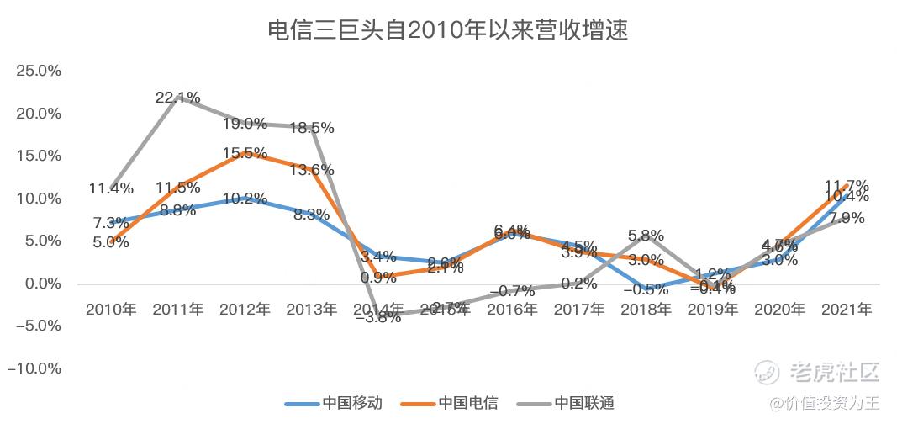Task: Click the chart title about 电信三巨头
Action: (448, 31)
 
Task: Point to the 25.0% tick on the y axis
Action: (39, 71)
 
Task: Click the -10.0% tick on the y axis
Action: (37, 368)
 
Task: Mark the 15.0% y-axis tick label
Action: (39, 156)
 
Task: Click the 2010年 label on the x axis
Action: (111, 310)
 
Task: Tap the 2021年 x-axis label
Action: (847, 310)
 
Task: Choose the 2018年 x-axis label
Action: (646, 310)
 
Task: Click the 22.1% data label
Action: (178, 98)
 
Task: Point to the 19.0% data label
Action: (245, 124)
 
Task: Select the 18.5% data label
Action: (312, 128)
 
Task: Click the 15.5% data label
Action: (245, 153)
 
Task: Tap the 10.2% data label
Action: (245, 199)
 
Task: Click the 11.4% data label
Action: (111, 188)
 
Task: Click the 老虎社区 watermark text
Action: (833, 371)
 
